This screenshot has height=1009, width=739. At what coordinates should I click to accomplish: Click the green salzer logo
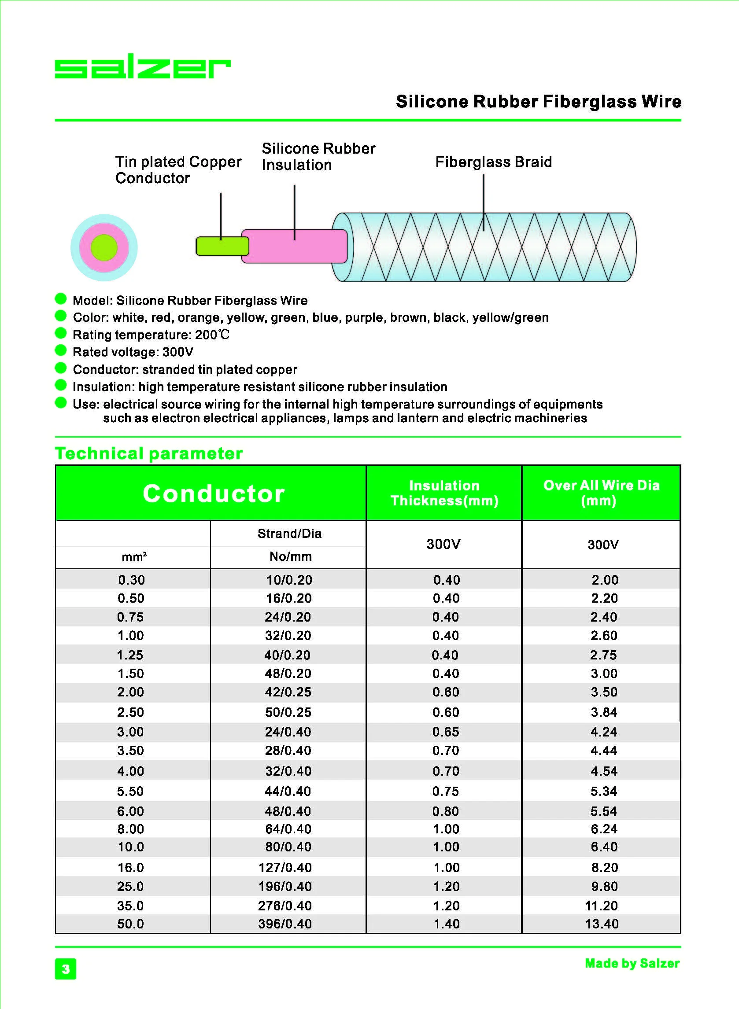[x=142, y=66]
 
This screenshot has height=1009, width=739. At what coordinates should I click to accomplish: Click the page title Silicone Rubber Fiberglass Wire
[x=538, y=102]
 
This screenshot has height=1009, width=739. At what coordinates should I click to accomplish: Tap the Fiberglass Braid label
[x=493, y=162]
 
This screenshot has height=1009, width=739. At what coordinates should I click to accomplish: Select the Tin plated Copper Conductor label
[x=178, y=169]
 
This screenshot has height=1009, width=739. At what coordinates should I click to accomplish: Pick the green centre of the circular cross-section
[x=104, y=248]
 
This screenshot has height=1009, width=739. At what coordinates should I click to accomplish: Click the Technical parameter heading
[x=148, y=453]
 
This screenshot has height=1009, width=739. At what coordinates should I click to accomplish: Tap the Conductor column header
[x=214, y=493]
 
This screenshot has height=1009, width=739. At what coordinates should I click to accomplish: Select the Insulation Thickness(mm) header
[x=444, y=493]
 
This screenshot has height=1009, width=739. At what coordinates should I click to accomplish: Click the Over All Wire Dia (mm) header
[x=601, y=493]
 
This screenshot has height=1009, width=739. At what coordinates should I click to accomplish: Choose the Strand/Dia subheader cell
[x=289, y=534]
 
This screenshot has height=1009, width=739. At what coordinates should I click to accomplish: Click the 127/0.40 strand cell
[x=285, y=868]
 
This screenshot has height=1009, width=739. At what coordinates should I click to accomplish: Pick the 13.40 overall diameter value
[x=602, y=924]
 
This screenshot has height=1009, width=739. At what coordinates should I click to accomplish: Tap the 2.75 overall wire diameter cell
[x=603, y=655]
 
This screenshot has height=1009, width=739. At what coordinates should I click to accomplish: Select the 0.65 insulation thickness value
[x=446, y=732]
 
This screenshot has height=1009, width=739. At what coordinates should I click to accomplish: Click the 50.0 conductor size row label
[x=131, y=924]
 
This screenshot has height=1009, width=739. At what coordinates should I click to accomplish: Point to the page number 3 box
[x=66, y=969]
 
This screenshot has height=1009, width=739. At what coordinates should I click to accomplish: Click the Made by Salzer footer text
[x=632, y=963]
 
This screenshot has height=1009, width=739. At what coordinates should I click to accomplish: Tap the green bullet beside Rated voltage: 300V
[x=61, y=350]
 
